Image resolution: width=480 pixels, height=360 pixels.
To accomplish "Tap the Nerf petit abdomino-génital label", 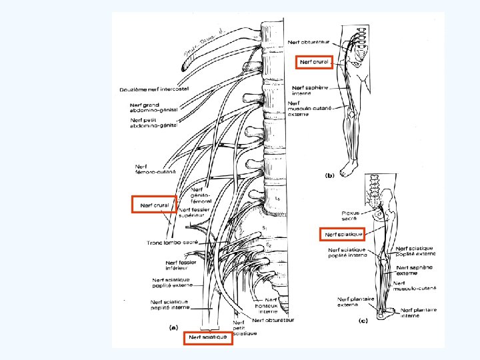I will point(153,123).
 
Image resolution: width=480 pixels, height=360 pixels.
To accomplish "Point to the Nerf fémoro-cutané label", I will point(155,170).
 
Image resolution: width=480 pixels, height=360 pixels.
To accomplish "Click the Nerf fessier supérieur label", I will point(194,213).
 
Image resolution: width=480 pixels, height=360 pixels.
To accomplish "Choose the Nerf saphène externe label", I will point(414,270).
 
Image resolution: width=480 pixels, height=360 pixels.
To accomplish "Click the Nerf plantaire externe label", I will point(353,303).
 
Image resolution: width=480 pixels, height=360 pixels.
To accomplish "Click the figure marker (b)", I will point(329,176).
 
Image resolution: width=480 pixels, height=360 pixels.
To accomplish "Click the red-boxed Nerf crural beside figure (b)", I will point(313,62).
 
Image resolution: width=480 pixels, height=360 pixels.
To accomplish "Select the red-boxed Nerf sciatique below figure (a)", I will point(208,337).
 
